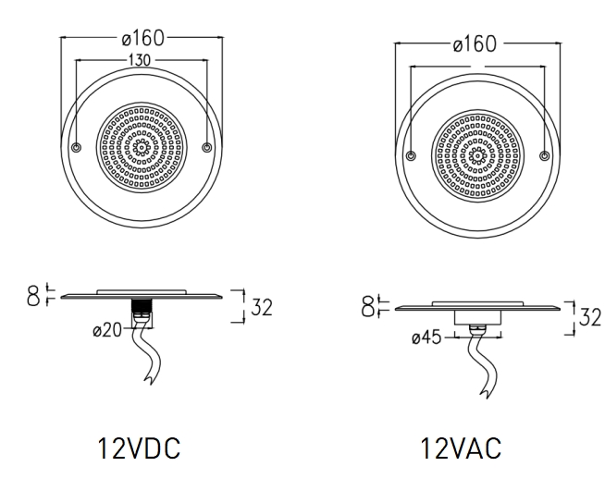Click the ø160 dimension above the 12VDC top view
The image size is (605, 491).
click(x=142, y=38)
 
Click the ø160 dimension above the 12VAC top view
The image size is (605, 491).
click(x=475, y=44)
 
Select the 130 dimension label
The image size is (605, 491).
click(x=140, y=60)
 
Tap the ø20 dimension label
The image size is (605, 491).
click(x=107, y=330)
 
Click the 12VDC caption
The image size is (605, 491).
click(x=139, y=448)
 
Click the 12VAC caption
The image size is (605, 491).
click(x=461, y=448)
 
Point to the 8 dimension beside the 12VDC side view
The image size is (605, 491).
click(x=33, y=296)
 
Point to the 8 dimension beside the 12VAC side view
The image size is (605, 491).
click(x=367, y=307)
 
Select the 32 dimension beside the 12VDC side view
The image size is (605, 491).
click(x=262, y=307)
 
